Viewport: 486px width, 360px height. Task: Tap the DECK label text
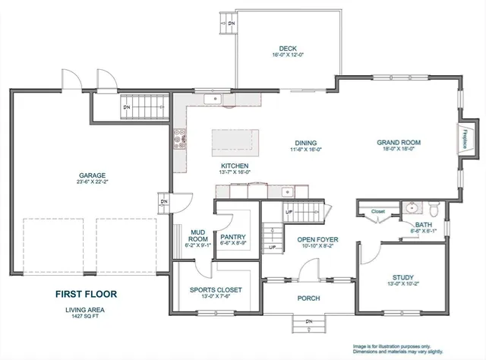coord(288,48)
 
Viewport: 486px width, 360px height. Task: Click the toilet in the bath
coord(434,207)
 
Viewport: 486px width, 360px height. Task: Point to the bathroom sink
coord(412,206)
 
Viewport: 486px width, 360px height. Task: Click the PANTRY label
coord(232,237)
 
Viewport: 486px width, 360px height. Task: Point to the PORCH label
coord(308,298)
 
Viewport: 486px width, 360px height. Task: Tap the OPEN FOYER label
coord(317,240)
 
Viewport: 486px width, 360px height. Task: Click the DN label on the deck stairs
coord(232,23)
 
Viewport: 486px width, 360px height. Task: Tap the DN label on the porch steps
coord(308,323)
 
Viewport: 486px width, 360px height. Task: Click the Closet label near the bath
coord(378,212)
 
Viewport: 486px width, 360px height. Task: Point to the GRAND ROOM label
coord(399,143)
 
